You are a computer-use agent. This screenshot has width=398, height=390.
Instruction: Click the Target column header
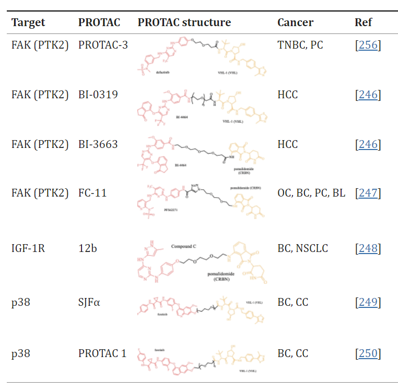tap(28, 22)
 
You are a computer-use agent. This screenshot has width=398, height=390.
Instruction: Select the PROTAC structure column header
tap(184, 22)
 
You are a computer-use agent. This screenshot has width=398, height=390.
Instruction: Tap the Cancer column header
tap(295, 22)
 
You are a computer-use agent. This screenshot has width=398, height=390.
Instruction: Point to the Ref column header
tap(363, 22)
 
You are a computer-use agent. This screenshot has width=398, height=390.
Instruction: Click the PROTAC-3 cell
tap(103, 45)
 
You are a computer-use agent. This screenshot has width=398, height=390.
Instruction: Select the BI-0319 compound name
tap(98, 95)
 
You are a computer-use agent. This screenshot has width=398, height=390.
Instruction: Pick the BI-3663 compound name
tap(98, 144)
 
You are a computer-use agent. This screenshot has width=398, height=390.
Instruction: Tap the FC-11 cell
tap(92, 193)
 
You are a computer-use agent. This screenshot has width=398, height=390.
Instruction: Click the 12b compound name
tap(86, 248)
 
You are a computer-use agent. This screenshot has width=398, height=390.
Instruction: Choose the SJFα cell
tap(90, 302)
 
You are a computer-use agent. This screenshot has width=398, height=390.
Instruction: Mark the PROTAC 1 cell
tap(102, 353)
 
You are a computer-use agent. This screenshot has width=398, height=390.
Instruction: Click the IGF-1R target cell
tap(28, 248)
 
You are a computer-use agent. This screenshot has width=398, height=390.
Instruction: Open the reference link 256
tap(368, 45)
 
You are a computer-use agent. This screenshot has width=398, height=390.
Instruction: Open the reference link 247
tap(368, 193)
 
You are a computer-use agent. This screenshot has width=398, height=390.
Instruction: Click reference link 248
tap(368, 248)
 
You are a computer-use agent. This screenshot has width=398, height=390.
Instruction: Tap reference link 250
tap(368, 353)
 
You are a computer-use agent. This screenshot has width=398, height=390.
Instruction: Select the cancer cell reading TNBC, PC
tap(300, 45)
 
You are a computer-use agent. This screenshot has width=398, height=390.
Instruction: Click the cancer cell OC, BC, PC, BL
tap(311, 193)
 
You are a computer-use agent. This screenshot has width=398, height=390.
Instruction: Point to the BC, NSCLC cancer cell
tap(302, 248)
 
